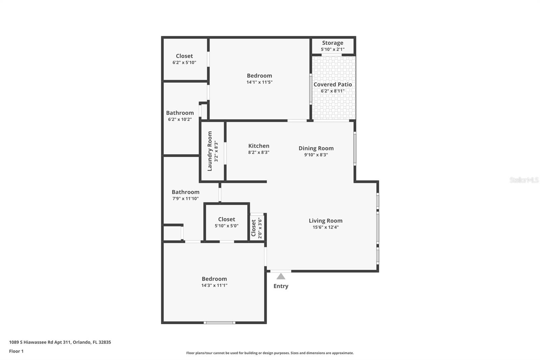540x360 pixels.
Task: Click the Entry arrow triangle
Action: (281, 277)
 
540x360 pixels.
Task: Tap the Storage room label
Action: (332, 43)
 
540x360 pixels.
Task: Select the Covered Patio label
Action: (332, 84)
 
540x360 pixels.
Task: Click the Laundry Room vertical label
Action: (210, 151)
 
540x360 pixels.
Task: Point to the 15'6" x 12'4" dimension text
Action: (325, 227)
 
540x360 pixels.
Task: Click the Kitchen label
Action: (259, 146)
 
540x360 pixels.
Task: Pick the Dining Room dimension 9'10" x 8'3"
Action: (316, 155)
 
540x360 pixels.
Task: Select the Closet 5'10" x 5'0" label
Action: (226, 220)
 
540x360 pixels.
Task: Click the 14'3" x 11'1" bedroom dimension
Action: (214, 285)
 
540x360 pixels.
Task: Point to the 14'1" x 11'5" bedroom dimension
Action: (259, 82)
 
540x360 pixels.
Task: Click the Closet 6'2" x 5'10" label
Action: (184, 56)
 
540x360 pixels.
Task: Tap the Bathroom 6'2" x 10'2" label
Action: (180, 113)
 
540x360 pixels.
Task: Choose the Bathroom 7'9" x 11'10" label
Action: (185, 192)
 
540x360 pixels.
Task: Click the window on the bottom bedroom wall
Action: (219, 323)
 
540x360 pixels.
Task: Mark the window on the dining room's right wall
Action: (355, 149)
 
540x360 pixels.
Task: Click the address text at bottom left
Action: (60, 342)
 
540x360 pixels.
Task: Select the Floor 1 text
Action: (16, 351)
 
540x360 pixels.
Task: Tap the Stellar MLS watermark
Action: (524, 180)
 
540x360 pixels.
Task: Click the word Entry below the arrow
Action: (281, 286)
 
